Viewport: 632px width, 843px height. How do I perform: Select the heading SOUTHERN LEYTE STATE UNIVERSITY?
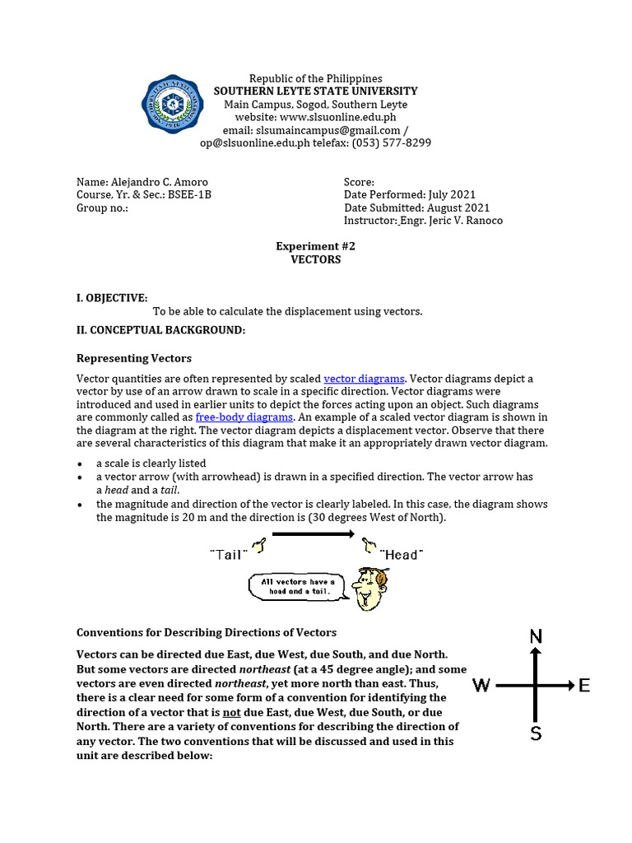315,91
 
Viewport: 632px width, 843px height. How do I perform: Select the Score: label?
359,182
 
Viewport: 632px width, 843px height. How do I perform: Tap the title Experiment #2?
315,246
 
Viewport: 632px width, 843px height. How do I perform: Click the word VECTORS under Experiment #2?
315,259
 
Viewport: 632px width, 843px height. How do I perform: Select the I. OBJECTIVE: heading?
112,297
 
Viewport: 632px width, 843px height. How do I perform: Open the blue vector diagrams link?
364,379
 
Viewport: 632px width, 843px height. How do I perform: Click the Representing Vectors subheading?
133,358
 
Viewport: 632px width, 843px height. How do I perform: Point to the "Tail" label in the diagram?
227,555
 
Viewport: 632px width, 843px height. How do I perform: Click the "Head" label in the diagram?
401,555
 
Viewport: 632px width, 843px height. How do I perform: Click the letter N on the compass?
536,636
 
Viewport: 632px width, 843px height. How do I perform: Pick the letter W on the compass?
481,685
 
